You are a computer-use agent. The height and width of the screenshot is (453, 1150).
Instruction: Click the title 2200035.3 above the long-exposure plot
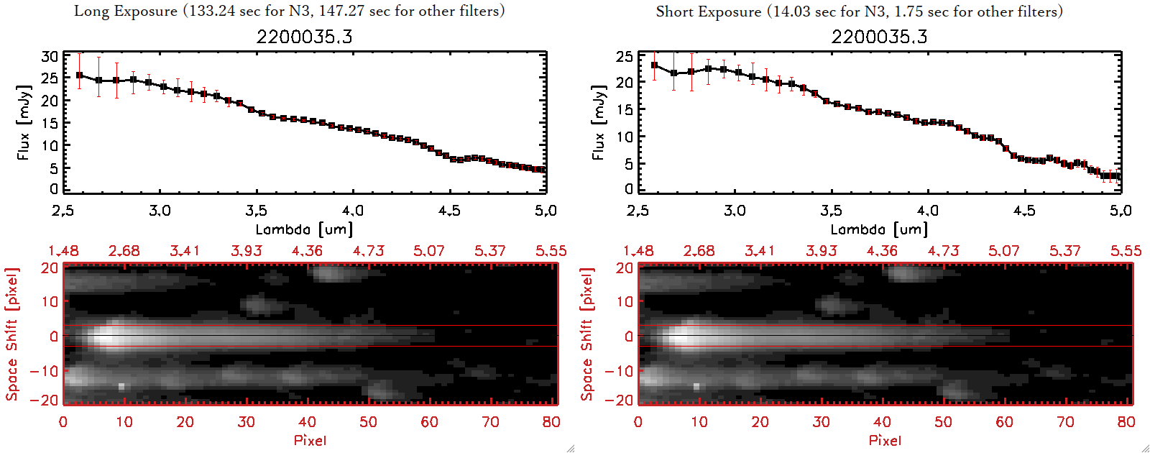click(x=304, y=37)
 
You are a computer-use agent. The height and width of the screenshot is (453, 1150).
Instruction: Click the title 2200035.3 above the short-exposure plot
click(x=879, y=37)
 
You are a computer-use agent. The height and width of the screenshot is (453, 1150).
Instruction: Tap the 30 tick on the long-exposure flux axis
click(x=50, y=57)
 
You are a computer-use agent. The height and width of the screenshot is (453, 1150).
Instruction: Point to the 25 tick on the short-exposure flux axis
click(x=625, y=57)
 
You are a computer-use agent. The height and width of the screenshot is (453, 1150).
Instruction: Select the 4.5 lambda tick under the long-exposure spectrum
click(x=449, y=211)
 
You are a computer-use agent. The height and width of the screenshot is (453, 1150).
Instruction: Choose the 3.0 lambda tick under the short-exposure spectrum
click(x=735, y=211)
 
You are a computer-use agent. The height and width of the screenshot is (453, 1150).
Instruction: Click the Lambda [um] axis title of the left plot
click(x=304, y=229)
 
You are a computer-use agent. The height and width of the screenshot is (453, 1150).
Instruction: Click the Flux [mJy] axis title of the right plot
click(x=598, y=122)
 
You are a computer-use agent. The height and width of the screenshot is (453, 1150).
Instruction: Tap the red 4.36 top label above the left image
click(x=307, y=251)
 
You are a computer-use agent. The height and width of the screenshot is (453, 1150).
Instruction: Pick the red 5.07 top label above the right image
click(x=1003, y=251)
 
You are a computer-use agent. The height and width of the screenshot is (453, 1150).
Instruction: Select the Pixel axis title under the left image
click(x=310, y=440)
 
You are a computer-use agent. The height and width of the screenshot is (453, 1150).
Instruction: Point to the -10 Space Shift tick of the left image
click(x=44, y=371)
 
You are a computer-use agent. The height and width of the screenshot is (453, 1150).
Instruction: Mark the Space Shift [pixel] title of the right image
click(x=587, y=334)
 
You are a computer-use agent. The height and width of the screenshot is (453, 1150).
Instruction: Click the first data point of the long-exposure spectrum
click(x=80, y=75)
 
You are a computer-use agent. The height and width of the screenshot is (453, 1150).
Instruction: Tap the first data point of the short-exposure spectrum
click(x=654, y=65)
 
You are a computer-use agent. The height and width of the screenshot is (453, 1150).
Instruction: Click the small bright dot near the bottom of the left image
click(x=121, y=386)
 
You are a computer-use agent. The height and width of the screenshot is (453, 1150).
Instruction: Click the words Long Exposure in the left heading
click(x=126, y=11)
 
